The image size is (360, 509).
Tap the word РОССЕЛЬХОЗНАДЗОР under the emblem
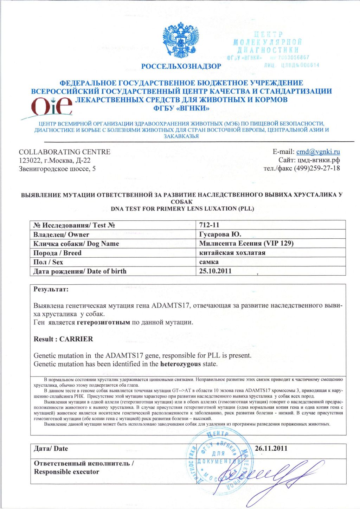tap(181, 66)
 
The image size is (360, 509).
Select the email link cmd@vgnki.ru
tap(318, 152)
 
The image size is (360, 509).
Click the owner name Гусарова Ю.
tap(220, 234)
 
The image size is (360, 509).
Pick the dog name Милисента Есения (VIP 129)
tap(246, 244)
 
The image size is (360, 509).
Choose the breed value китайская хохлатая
tap(232, 253)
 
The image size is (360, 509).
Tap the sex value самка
tap(209, 262)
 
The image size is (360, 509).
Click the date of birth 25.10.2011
tap(215, 271)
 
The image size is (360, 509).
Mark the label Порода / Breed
tap(57, 253)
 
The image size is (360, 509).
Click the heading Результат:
tap(51, 289)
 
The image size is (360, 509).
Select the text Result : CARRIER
tap(63, 339)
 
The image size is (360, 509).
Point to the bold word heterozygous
tap(180, 364)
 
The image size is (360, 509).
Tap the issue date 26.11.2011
tap(271, 449)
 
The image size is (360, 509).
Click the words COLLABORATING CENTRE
tap(64, 152)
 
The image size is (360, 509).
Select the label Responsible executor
tap(66, 472)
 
